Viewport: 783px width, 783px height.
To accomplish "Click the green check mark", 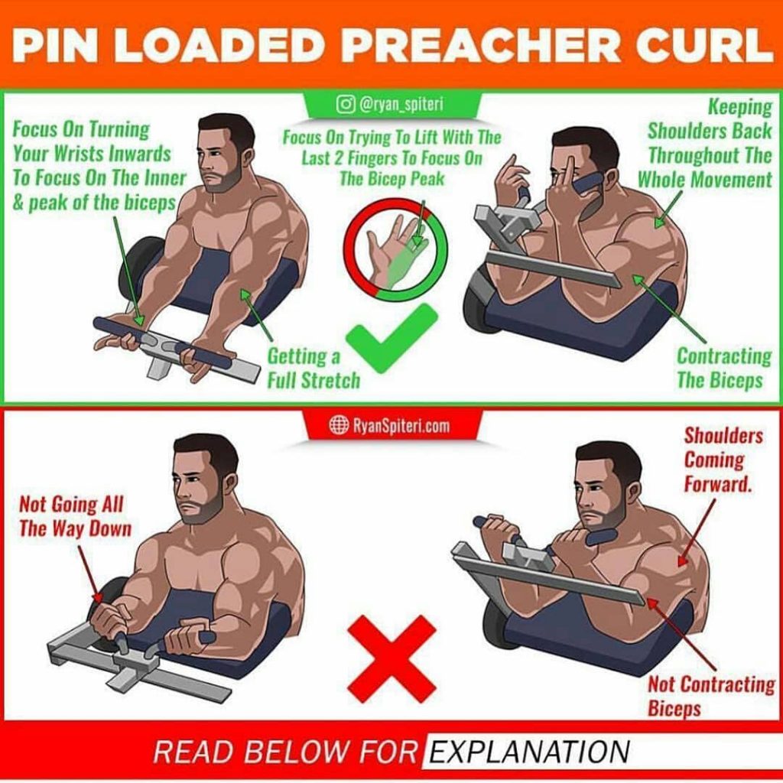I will pos(391,337).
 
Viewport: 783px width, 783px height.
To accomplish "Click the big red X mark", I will pos(391,654).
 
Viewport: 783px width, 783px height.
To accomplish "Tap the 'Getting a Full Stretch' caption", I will pos(314,368).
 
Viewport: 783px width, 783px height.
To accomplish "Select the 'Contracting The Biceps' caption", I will pos(723,368).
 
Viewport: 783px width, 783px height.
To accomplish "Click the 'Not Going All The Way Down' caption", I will pos(74,516).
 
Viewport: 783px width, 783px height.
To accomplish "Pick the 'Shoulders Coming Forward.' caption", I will pos(723,460).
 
